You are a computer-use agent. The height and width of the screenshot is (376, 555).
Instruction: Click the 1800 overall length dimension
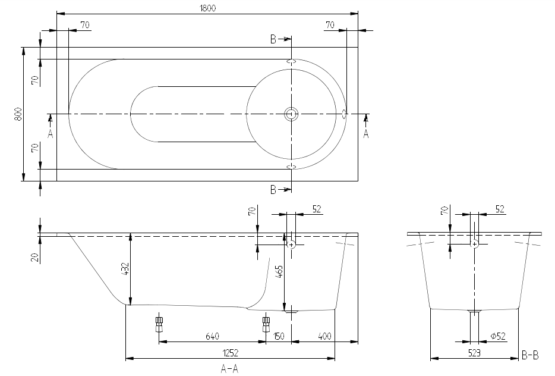208,7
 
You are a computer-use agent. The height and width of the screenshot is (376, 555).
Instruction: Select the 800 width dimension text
18,114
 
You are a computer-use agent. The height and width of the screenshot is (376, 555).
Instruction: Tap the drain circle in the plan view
291,114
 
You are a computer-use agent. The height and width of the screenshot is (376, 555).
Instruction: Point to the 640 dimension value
212,336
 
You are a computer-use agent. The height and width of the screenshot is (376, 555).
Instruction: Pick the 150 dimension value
279,336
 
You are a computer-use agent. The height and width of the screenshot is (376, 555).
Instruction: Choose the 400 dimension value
325,336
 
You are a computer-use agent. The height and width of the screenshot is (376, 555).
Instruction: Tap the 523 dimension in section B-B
474,353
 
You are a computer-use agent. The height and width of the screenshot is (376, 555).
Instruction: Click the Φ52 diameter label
498,336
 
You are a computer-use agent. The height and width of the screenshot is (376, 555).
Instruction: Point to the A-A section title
229,369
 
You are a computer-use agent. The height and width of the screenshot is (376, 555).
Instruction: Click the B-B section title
530,355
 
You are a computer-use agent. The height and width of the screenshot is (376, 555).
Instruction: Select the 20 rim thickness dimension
35,256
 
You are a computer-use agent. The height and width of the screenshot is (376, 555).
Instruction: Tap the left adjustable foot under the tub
159,324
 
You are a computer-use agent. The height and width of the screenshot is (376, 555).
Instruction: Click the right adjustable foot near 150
266,324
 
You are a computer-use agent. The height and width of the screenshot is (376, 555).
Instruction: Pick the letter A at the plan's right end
366,134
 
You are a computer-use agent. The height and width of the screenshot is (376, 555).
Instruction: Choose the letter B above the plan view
273,39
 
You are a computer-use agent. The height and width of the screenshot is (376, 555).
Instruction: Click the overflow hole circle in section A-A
291,244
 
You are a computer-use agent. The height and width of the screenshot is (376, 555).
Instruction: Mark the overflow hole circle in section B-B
474,244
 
